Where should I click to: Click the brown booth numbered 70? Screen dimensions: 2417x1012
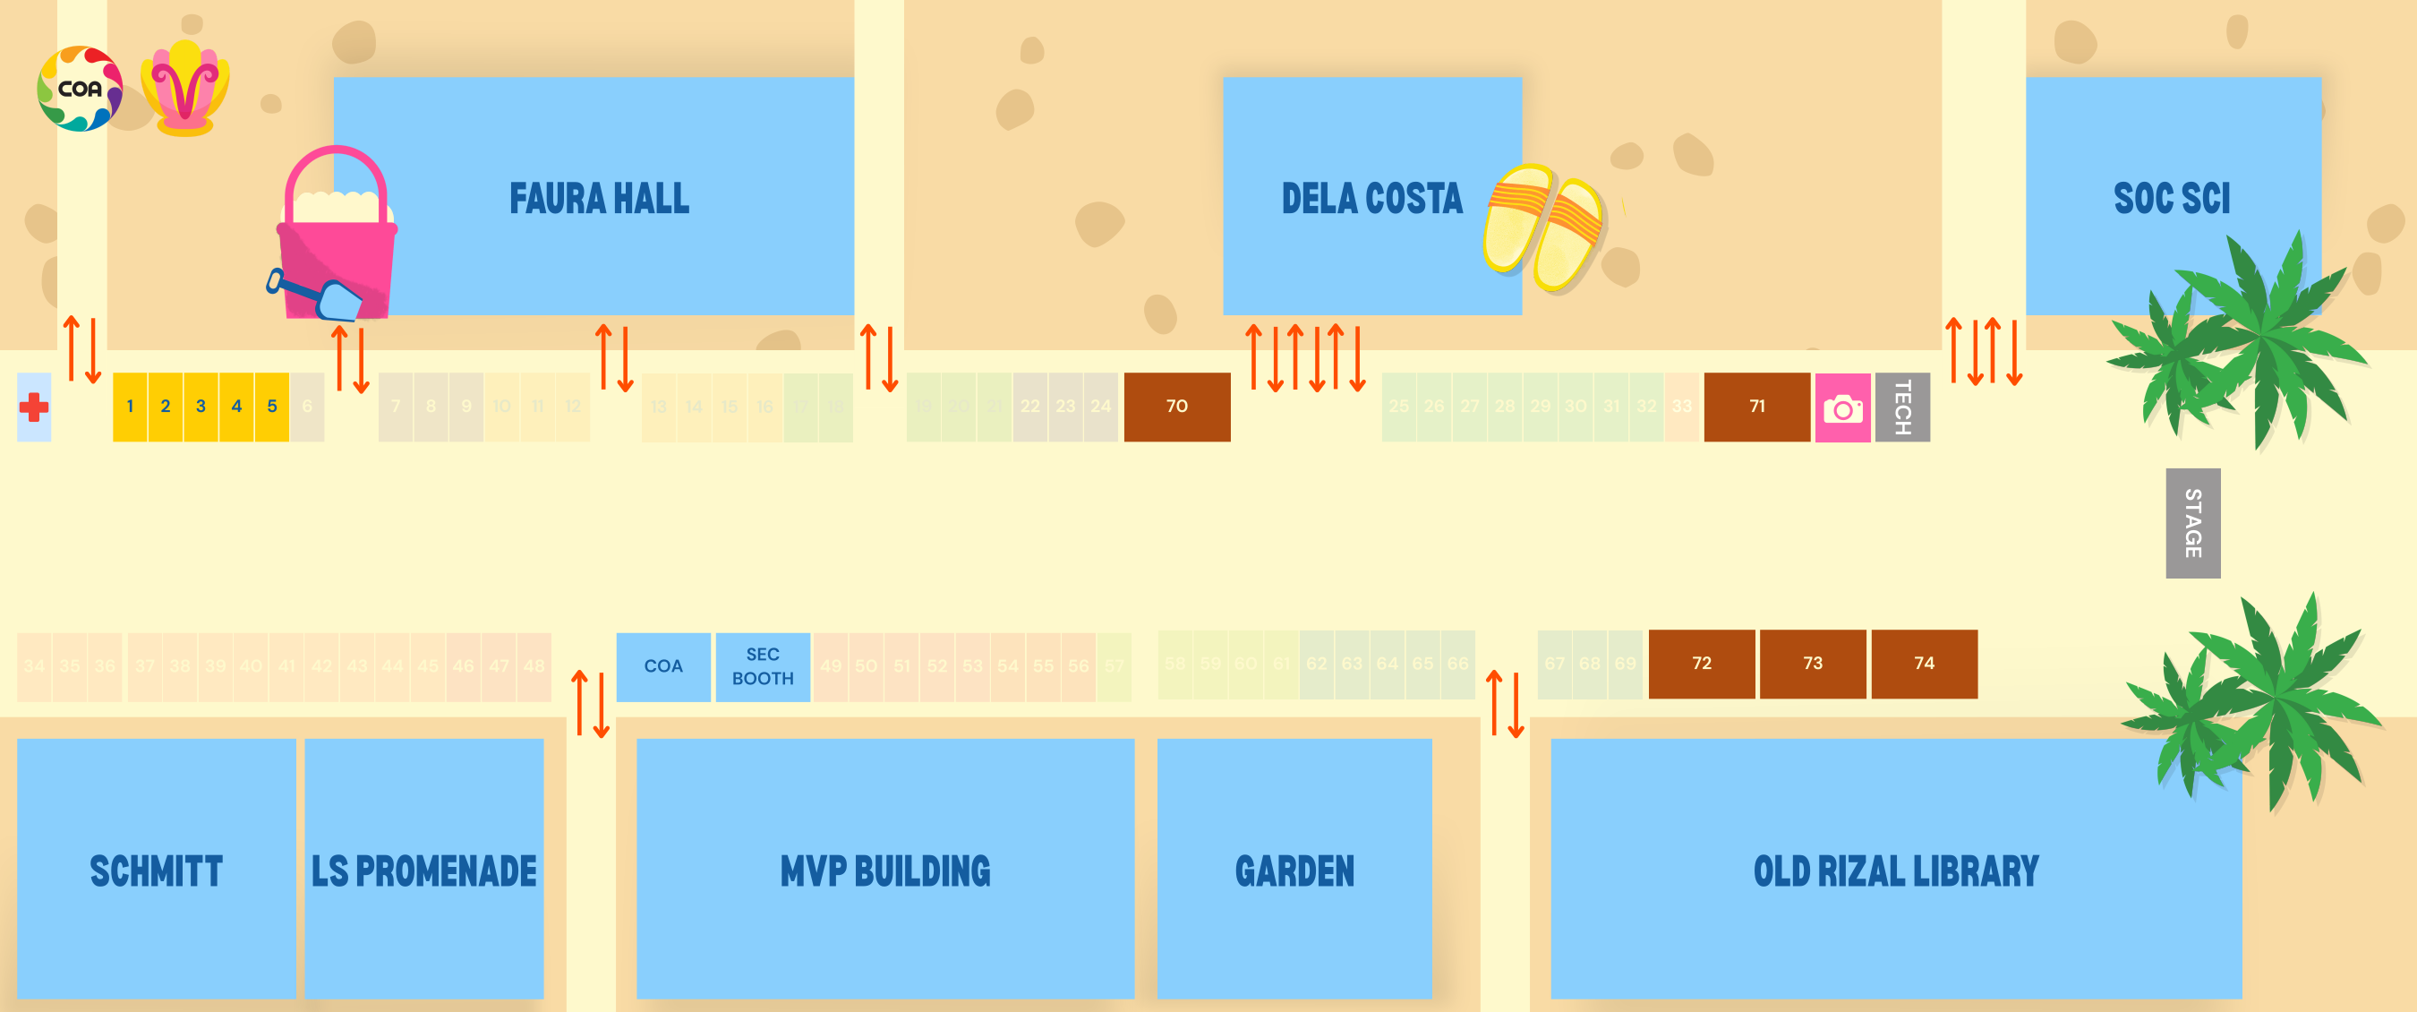click(1176, 407)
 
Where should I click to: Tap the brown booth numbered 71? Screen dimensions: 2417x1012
click(1756, 407)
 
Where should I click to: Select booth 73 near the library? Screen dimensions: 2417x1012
click(1812, 664)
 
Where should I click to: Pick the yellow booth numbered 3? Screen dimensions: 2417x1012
click(201, 407)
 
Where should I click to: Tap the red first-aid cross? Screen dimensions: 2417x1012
click(34, 407)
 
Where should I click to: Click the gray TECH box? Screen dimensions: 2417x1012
click(1902, 407)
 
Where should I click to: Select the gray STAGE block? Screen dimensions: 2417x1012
click(2192, 523)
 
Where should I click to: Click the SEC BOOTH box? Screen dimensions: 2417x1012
click(762, 666)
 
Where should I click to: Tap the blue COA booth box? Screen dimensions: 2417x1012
click(662, 666)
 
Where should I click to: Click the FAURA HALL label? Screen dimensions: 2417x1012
click(599, 199)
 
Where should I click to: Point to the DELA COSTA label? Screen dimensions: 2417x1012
click(1371, 199)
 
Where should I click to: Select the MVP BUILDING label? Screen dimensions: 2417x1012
click(884, 871)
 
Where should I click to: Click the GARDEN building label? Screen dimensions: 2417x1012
click(1294, 871)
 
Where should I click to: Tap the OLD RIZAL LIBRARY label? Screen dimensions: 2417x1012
click(1895, 871)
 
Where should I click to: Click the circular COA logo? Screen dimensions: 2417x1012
click(80, 89)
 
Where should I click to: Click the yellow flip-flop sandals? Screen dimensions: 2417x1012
click(1543, 227)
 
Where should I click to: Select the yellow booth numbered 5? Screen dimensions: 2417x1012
click(272, 407)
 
